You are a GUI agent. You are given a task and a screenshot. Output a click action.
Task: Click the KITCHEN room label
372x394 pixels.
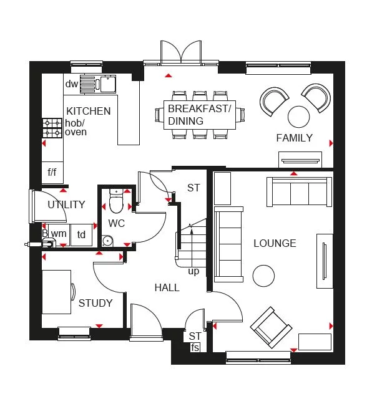coord(89,112)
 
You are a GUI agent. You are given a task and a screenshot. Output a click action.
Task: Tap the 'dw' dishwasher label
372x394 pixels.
coord(71,84)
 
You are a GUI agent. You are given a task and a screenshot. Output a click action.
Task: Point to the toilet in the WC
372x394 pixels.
coord(116,202)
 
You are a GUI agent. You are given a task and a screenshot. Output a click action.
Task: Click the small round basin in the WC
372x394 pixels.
coord(107,240)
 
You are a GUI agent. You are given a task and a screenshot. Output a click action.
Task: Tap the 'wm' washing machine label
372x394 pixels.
coord(59,234)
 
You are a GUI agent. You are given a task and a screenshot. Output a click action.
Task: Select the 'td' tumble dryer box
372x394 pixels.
coord(81,234)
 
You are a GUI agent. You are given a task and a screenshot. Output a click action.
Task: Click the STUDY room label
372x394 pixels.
coord(95,304)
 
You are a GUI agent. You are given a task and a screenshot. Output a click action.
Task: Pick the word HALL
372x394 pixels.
coord(167,287)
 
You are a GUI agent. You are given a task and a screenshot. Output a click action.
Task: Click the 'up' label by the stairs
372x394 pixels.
coord(193,271)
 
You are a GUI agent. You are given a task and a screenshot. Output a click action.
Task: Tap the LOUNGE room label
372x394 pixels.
coord(275,243)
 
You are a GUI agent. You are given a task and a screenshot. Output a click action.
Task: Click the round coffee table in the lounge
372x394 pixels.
coord(263,276)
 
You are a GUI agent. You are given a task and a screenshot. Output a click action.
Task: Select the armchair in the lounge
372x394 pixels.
coord(271,327)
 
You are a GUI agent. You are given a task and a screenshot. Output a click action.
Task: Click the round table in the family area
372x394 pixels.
coord(299,116)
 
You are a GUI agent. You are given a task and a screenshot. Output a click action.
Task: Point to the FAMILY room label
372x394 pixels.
coord(295,138)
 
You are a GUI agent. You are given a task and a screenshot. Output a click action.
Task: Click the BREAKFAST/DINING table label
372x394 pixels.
coord(199,115)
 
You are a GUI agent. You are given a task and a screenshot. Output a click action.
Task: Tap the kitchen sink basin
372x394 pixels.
coord(107,84)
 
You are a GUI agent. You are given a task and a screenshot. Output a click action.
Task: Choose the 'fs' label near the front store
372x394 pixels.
coord(195,347)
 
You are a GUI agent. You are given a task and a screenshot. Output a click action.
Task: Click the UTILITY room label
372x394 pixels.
coord(66,204)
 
